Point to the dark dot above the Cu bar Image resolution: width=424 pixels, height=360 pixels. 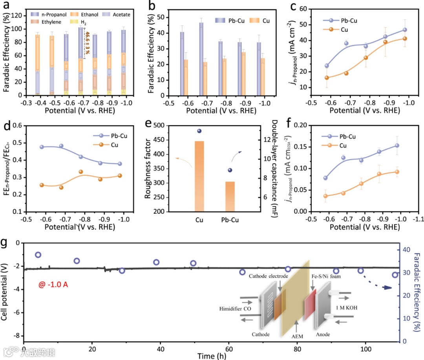coord(199,131)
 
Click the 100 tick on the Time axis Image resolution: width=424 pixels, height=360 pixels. coord(366,349)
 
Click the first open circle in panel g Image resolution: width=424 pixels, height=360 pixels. coord(38,255)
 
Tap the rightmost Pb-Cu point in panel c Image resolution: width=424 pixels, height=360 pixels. coord(405,30)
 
